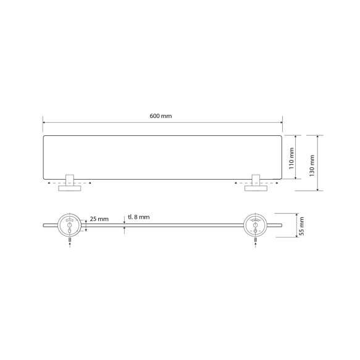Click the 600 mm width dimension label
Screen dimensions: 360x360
[161, 116]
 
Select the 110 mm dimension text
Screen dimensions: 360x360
[291, 159]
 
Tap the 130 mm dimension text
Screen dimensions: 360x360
[312, 165]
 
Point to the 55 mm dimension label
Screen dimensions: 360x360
[302, 226]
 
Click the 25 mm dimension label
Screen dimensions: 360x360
[99, 219]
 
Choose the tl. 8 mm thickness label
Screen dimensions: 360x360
[139, 217]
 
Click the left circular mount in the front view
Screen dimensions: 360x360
[70, 225]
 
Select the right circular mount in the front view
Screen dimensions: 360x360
[255, 225]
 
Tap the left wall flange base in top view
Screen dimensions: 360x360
[70, 188]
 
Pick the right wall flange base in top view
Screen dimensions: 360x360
[256, 188]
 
